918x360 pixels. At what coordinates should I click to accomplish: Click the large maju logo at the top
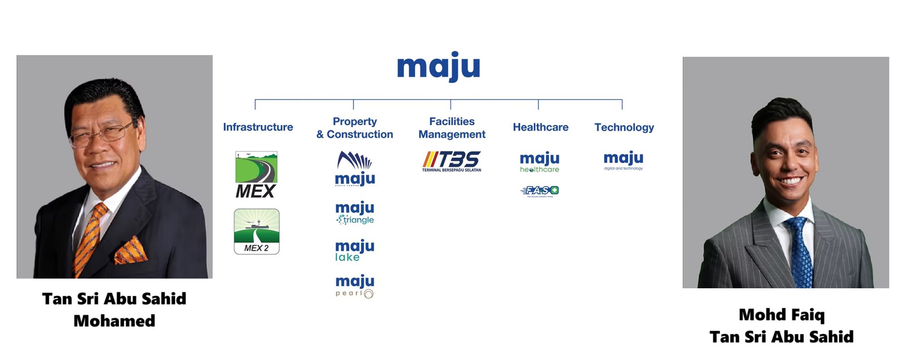(438, 67)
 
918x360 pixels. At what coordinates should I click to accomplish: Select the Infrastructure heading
(258, 127)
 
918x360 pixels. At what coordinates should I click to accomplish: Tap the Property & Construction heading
(355, 128)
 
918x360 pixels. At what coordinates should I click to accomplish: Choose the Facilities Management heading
(452, 128)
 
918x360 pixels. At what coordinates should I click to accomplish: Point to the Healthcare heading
(541, 127)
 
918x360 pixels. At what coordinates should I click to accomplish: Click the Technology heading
(624, 127)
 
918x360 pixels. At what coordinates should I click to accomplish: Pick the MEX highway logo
(256, 174)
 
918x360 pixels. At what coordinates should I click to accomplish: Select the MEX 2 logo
(256, 232)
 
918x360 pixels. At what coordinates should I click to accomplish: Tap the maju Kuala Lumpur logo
(355, 169)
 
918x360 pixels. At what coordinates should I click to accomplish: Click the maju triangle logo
(355, 213)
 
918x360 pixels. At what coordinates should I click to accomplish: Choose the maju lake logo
(355, 251)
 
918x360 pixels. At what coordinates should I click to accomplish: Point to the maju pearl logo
(355, 286)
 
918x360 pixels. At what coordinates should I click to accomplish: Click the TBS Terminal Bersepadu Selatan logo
(451, 161)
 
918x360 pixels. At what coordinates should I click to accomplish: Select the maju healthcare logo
(540, 162)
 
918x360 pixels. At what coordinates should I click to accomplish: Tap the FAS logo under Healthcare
(540, 191)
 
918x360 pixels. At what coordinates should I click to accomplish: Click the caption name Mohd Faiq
(781, 315)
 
